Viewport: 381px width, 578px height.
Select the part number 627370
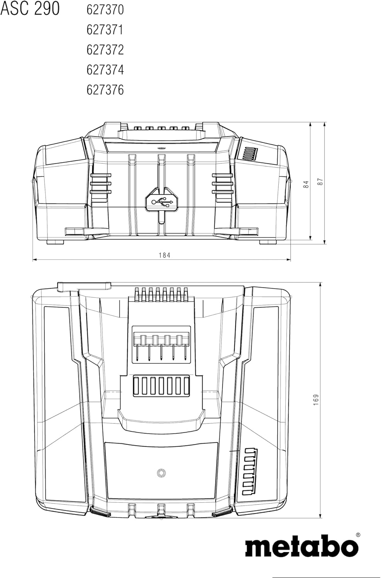click(105, 10)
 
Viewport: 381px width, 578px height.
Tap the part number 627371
click(105, 30)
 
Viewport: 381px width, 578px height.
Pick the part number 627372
click(105, 50)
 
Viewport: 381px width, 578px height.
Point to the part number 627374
click(105, 70)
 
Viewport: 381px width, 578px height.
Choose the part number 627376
click(105, 90)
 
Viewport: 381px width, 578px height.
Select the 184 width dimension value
click(165, 255)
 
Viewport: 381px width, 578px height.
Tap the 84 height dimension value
click(306, 184)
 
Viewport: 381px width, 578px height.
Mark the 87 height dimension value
click(320, 181)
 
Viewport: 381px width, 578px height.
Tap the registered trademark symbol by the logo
click(358, 534)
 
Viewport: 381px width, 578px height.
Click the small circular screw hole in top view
click(161, 473)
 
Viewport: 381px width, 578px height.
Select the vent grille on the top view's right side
click(250, 472)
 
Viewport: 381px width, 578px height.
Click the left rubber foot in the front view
click(55, 242)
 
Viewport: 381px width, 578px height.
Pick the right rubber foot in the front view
click(268, 242)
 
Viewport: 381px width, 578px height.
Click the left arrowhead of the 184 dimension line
click(35, 260)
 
